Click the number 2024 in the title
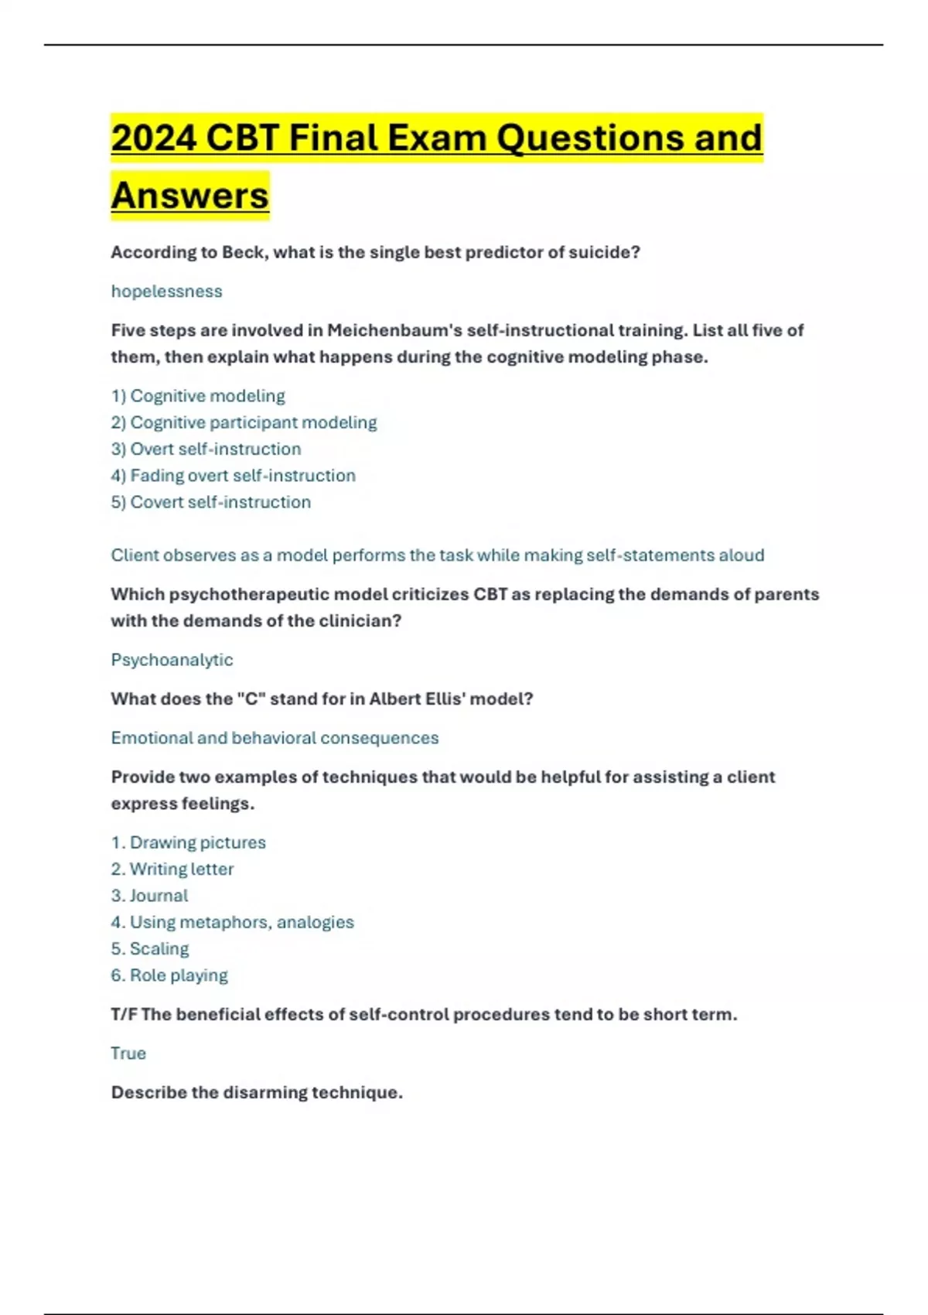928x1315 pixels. (154, 138)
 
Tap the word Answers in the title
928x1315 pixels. (189, 195)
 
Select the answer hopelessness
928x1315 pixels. (166, 291)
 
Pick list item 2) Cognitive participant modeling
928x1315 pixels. (244, 422)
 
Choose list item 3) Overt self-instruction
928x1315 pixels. (206, 449)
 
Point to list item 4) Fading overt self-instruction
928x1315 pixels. (233, 475)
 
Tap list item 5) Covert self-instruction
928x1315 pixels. (210, 502)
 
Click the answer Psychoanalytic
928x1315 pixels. (172, 660)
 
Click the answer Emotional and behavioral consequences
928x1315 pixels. (275, 738)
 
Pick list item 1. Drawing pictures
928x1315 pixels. (188, 842)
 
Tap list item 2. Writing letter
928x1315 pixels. (172, 869)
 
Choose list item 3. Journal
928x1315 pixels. (149, 895)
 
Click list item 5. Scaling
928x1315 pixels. (149, 948)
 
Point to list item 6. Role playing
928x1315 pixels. (169, 975)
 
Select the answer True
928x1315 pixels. (128, 1053)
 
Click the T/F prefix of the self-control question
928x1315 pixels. (124, 1014)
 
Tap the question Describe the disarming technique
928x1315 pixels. (257, 1092)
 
